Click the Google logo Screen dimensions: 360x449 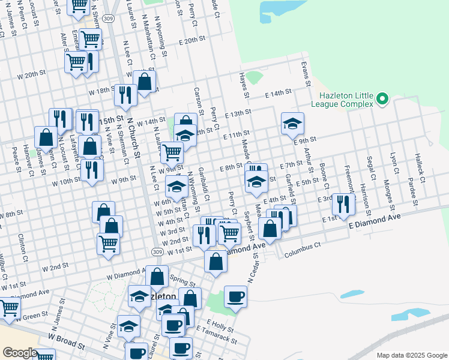tap(20, 353)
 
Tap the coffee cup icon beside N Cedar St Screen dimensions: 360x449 tap(235, 296)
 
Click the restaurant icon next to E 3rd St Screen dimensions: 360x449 tap(343, 203)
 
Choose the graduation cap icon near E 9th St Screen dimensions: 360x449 tap(292, 124)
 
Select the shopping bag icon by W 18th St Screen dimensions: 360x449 tap(144, 80)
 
